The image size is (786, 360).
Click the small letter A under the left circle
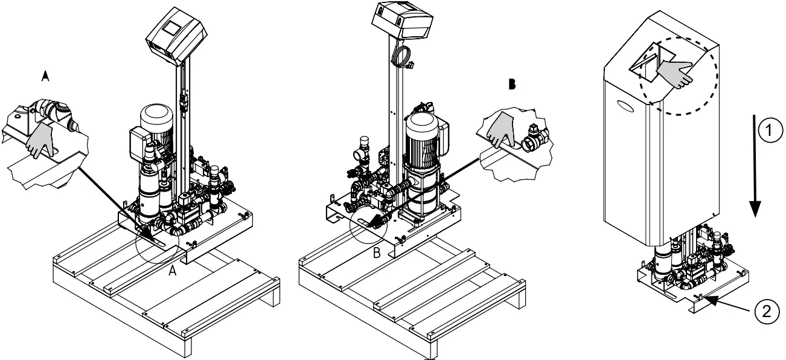[x=172, y=272]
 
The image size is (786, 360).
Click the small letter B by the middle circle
[x=377, y=253]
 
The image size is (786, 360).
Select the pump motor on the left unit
[x=157, y=124]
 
